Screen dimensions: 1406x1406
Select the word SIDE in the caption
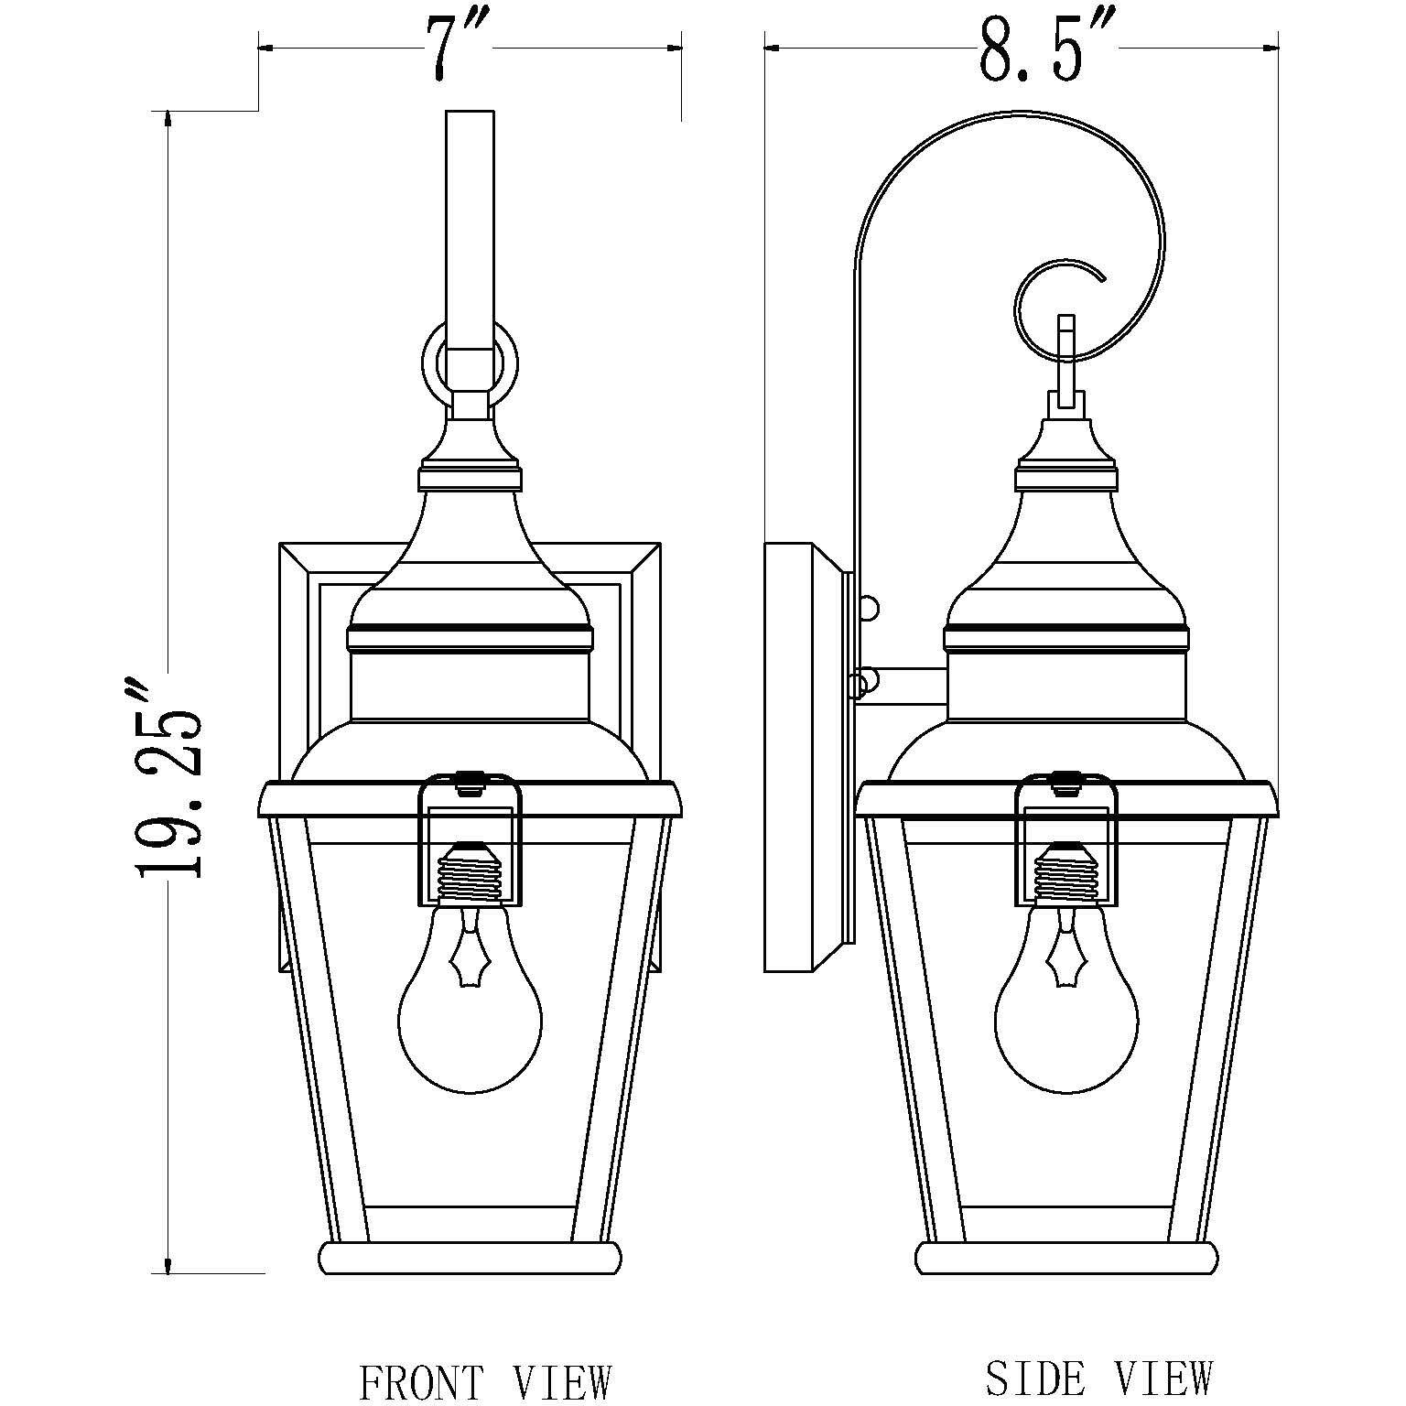point(1035,1377)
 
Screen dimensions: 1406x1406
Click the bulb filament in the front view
point(470,957)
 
